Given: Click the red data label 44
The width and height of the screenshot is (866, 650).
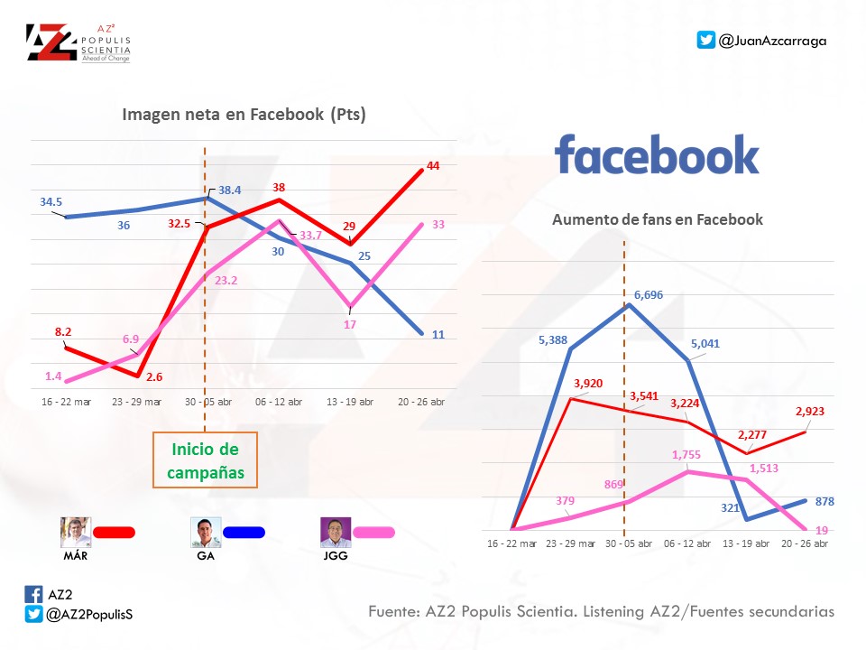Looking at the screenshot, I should (433, 166).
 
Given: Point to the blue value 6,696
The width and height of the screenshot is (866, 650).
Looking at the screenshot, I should (649, 295).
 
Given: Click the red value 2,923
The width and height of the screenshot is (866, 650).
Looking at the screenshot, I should (810, 411).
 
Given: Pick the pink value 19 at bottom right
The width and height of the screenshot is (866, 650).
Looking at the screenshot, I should (822, 530).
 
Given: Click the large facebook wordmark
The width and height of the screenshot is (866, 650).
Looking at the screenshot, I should (657, 155).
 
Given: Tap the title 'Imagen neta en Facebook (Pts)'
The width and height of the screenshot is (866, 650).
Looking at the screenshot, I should (244, 115).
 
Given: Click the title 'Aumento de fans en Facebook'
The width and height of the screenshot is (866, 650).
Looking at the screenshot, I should (658, 219).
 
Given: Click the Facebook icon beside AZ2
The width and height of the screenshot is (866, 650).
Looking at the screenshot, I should (33, 594).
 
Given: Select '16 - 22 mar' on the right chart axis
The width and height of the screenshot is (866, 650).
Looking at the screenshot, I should (512, 543).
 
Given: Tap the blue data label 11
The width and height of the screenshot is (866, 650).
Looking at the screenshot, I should (438, 334).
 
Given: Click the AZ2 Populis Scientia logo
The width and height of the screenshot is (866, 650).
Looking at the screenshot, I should (78, 42).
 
